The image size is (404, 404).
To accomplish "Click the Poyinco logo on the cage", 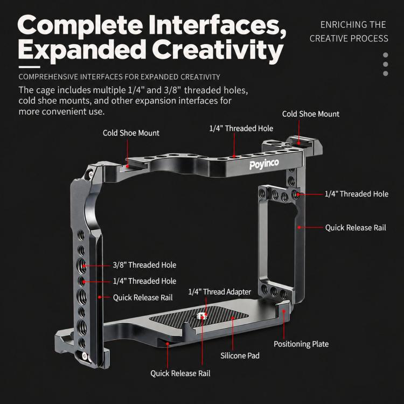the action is click(264, 164).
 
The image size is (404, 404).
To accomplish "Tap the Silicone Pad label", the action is click(240, 356).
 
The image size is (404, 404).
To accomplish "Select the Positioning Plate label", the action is click(301, 344).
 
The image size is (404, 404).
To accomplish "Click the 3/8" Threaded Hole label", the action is click(144, 265).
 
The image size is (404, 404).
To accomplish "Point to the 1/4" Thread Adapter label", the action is click(220, 291).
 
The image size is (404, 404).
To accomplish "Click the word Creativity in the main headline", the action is click(218, 51).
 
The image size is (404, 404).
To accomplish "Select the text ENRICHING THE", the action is click(353, 25).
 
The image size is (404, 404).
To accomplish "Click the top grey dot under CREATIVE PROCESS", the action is click(386, 55).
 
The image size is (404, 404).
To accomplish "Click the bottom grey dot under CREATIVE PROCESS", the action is click(386, 73).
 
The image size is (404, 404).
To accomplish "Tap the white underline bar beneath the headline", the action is click(30, 67).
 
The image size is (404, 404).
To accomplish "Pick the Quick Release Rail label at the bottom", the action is click(180, 373).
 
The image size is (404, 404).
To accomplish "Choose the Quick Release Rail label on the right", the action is click(356, 227).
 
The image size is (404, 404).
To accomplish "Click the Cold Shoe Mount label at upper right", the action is click(311, 114).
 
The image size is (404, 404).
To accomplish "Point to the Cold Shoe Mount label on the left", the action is click(131, 133).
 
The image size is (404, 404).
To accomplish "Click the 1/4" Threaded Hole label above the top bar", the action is click(241, 128).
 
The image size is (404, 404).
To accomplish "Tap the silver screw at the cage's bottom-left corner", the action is click(85, 356).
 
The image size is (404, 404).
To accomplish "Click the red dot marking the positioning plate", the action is click(284, 311).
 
